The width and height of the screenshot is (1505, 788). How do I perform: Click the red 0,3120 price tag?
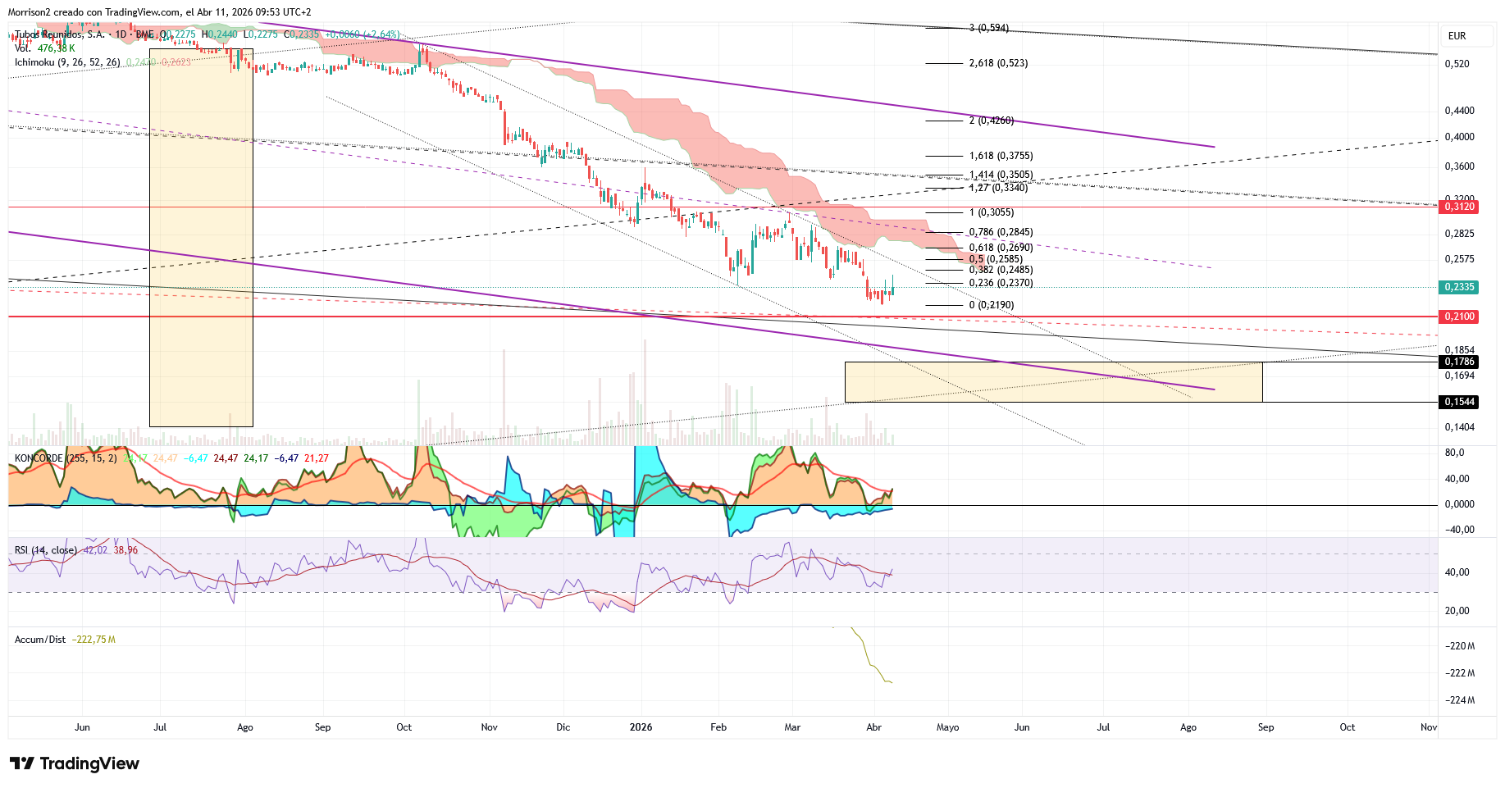pyautogui.click(x=1460, y=207)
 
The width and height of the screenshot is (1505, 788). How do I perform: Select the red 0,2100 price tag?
pyautogui.click(x=1460, y=317)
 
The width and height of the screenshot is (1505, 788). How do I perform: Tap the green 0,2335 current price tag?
pyautogui.click(x=1460, y=287)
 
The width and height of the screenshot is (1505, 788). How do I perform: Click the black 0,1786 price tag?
pyautogui.click(x=1460, y=362)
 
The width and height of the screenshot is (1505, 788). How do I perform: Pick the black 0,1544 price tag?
pyautogui.click(x=1460, y=402)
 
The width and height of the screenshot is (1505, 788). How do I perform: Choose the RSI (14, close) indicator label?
pyautogui.click(x=46, y=550)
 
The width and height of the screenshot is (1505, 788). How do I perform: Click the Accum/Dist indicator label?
pyautogui.click(x=40, y=640)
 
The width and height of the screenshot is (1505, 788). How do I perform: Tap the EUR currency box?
pyautogui.click(x=1457, y=36)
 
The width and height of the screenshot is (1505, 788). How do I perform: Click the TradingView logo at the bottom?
pyautogui.click(x=75, y=763)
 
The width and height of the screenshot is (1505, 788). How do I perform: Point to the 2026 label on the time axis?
pyautogui.click(x=641, y=727)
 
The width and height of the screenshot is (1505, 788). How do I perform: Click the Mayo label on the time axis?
pyautogui.click(x=947, y=727)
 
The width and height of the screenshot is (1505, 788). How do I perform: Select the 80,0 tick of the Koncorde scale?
pyautogui.click(x=1454, y=453)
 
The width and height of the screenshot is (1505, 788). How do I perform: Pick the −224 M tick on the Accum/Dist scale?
pyautogui.click(x=1459, y=700)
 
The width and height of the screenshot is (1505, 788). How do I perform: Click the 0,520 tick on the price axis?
pyautogui.click(x=1457, y=64)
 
